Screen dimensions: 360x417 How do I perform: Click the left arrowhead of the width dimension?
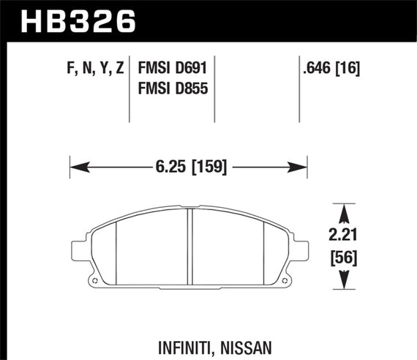76,167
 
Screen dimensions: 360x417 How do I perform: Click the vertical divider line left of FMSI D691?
129,91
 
